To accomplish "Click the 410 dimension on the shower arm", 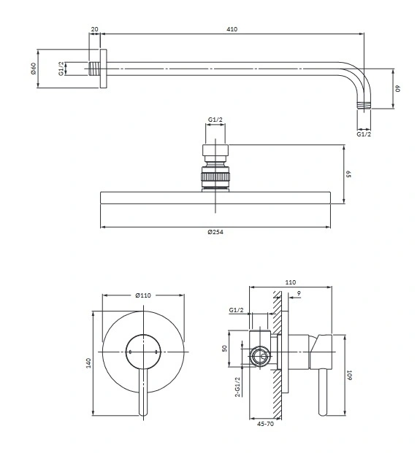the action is click(x=232, y=29).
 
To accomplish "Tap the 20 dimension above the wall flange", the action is click(x=94, y=29).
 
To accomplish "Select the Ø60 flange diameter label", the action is click(x=34, y=69).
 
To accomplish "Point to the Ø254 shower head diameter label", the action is click(x=215, y=232).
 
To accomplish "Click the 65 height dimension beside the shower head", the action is click(x=349, y=174).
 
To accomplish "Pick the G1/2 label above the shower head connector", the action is click(x=215, y=120).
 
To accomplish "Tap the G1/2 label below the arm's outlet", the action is click(x=364, y=134).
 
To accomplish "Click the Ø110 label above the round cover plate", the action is click(x=143, y=295).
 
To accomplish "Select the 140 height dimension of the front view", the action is click(x=88, y=363).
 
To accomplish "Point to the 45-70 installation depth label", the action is click(x=265, y=424).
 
